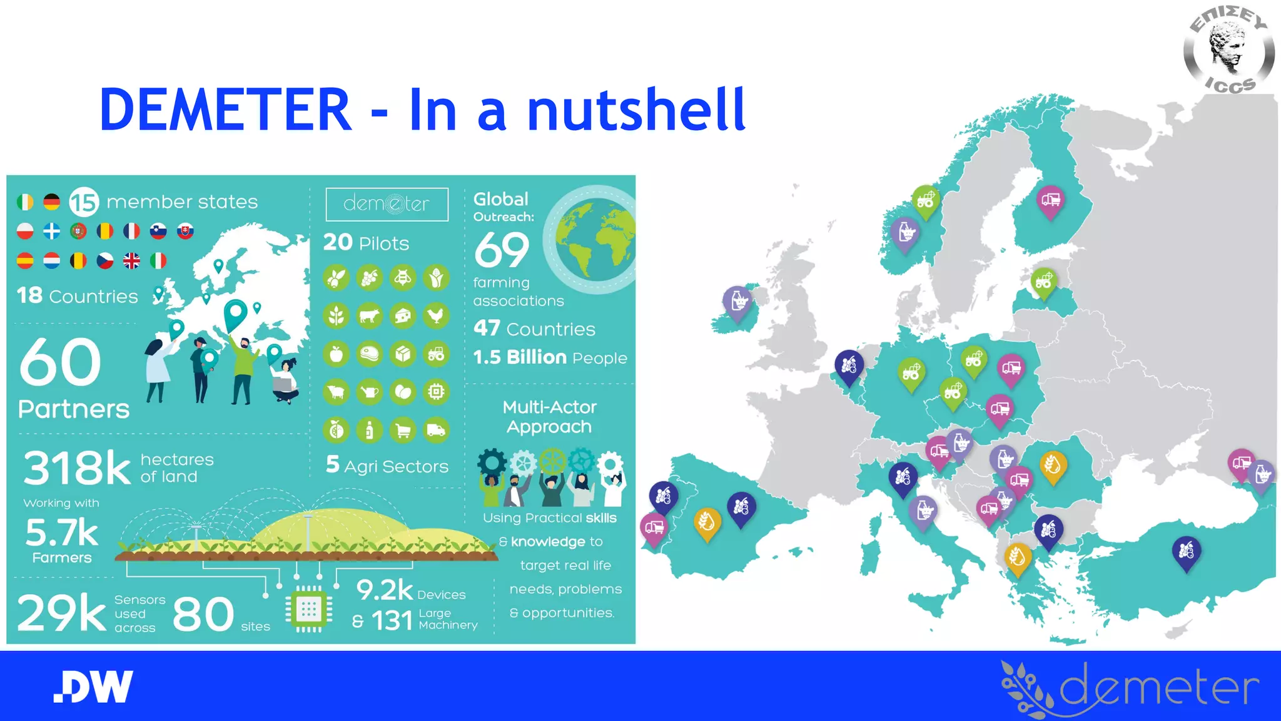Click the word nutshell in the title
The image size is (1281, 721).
pyautogui.click(x=636, y=111)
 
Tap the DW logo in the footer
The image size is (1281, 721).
pyautogui.click(x=93, y=687)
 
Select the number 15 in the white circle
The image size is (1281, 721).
pyautogui.click(x=84, y=202)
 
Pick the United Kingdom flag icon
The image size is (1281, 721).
pyautogui.click(x=131, y=261)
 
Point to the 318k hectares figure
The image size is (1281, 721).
pyautogui.click(x=77, y=468)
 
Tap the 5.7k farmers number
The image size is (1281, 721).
pyautogui.click(x=61, y=533)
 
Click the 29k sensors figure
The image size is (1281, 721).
pyautogui.click(x=61, y=613)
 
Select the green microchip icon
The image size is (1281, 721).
pyautogui.click(x=308, y=608)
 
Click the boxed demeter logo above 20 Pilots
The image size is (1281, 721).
pyautogui.click(x=387, y=204)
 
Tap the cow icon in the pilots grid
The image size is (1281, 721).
pyautogui.click(x=370, y=315)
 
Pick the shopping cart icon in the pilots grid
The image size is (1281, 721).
pyautogui.click(x=403, y=431)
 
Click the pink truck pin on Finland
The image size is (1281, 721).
pyautogui.click(x=1051, y=200)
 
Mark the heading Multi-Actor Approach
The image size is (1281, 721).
pyautogui.click(x=549, y=417)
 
